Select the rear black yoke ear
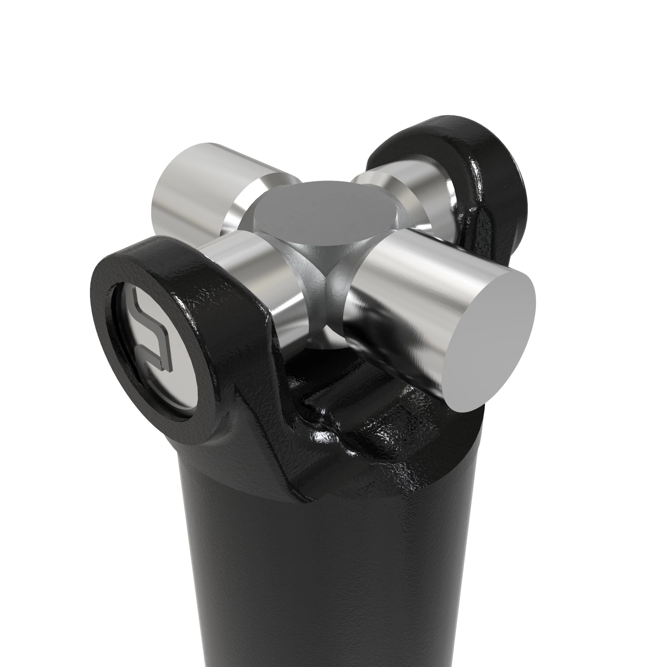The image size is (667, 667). (x=483, y=162)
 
